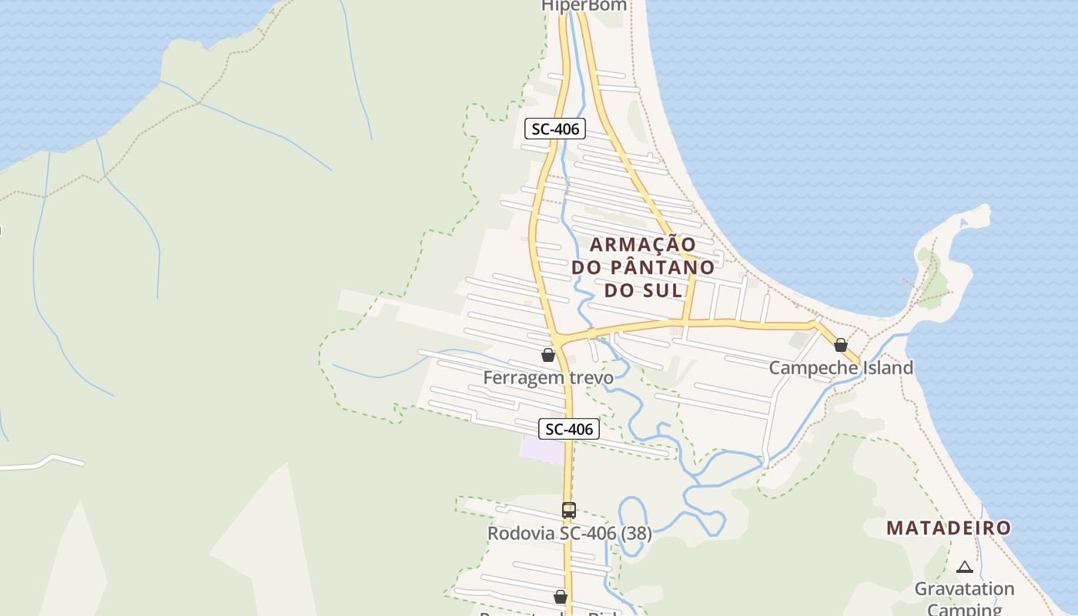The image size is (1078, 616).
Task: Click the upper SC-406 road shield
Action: click(x=554, y=129)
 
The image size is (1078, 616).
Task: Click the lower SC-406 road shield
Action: click(x=568, y=429)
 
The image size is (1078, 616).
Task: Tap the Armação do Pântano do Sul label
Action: click(x=643, y=267)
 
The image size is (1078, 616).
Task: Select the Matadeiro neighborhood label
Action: click(x=948, y=528)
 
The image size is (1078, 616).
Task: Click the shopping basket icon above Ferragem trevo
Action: click(x=548, y=355)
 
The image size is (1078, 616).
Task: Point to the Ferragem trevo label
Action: click(x=548, y=377)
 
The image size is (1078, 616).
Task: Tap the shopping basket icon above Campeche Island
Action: click(x=841, y=345)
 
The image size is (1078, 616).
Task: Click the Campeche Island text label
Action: click(x=841, y=367)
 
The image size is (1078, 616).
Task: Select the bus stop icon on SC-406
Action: click(x=569, y=510)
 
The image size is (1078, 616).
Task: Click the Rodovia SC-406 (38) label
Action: click(x=569, y=533)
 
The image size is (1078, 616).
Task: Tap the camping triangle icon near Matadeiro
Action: click(x=964, y=567)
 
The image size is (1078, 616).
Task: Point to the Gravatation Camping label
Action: click(x=964, y=598)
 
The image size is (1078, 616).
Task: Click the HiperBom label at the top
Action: click(x=584, y=6)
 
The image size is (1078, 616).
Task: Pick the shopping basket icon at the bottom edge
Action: click(x=561, y=597)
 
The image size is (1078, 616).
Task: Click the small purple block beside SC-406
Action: click(x=543, y=450)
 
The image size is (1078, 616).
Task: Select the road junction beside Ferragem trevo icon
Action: click(x=561, y=340)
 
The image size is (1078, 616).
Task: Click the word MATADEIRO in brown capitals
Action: click(x=948, y=528)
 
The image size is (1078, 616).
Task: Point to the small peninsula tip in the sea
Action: click(x=979, y=213)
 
